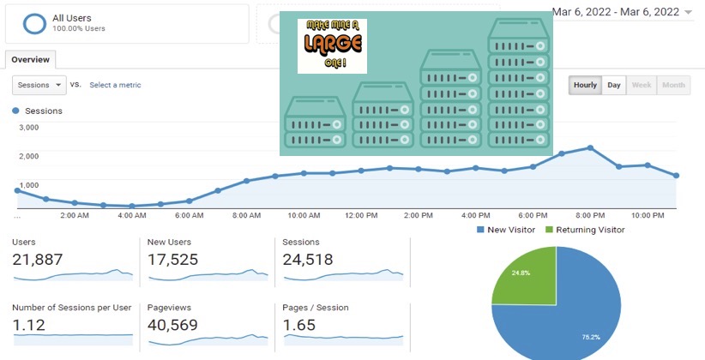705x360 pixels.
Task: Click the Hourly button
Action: (585, 85)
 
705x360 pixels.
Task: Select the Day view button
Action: (614, 85)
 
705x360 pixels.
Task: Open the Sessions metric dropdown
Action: (39, 85)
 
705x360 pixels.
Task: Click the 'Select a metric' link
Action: (115, 85)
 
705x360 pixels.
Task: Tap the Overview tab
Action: (31, 60)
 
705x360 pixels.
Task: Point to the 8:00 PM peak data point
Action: (590, 148)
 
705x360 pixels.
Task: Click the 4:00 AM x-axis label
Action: (132, 216)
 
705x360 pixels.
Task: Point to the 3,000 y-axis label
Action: (29, 127)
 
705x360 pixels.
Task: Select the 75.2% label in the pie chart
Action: (591, 337)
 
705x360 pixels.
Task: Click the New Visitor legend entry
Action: (506, 230)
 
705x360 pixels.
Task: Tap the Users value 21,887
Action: (38, 260)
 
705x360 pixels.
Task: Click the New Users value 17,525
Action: (172, 260)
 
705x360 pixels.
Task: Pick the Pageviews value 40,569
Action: (172, 325)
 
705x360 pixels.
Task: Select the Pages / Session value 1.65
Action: (299, 325)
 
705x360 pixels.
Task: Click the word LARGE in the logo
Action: (333, 44)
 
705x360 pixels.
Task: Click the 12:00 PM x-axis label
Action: (361, 216)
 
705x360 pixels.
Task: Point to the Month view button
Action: (673, 85)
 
